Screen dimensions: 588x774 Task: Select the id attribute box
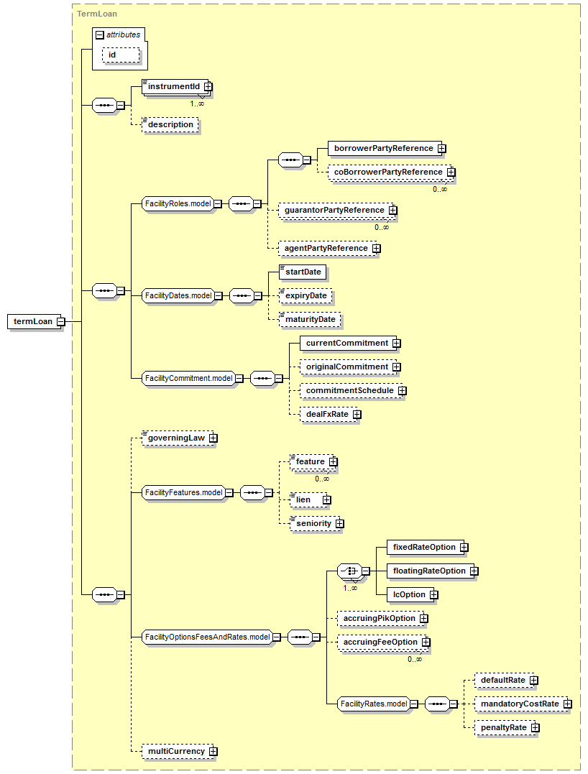tap(121, 55)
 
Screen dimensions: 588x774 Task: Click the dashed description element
tap(170, 124)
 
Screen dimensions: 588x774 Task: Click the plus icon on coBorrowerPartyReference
tap(451, 172)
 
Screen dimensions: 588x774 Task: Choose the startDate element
tap(302, 272)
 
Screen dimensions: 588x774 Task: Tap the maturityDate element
tap(310, 319)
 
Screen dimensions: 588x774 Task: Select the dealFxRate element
tap(329, 414)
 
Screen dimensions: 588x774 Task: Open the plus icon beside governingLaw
tap(213, 438)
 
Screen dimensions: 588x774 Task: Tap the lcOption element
tap(410, 594)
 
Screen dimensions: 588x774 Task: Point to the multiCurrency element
tap(178, 751)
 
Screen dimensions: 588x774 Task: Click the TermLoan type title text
tap(97, 14)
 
